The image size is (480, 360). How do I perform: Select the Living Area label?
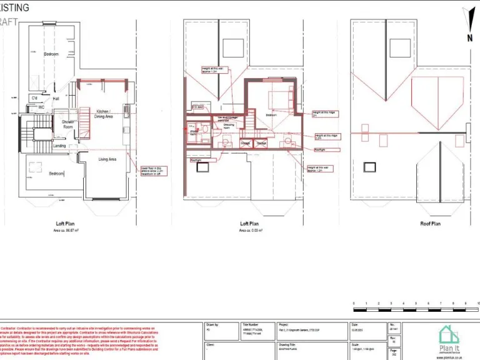pyautogui.click(x=108, y=159)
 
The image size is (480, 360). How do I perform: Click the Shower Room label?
pyautogui.click(x=68, y=124)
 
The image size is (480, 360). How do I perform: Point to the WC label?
pyautogui.click(x=41, y=107)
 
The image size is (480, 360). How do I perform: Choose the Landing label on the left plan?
pyautogui.click(x=59, y=146)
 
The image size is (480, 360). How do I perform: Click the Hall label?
pyautogui.click(x=56, y=99)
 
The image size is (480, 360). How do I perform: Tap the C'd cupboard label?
pyautogui.click(x=34, y=98)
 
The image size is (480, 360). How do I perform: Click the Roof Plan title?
pyautogui.click(x=412, y=223)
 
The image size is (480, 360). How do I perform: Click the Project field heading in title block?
pyautogui.click(x=283, y=325)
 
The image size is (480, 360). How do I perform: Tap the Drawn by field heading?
pyautogui.click(x=212, y=325)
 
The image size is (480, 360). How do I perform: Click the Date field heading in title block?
pyautogui.click(x=354, y=325)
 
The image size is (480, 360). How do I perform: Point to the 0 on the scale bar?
pyautogui.click(x=354, y=303)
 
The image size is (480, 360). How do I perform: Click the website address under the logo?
pyautogui.click(x=450, y=357)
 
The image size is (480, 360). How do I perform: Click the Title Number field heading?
pyautogui.click(x=251, y=325)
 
